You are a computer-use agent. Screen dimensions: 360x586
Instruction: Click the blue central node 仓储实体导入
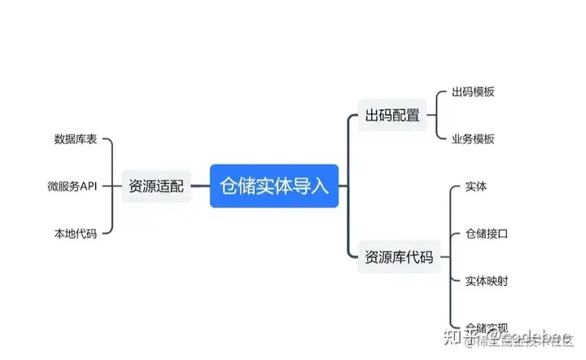pyautogui.click(x=273, y=186)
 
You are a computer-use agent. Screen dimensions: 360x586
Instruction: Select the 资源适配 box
pyautogui.click(x=156, y=187)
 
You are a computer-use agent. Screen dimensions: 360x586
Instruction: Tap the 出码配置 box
pyautogui.click(x=392, y=116)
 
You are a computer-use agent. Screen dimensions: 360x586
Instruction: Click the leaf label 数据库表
pyautogui.click(x=76, y=139)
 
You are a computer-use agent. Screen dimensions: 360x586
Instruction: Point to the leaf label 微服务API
pyautogui.click(x=72, y=187)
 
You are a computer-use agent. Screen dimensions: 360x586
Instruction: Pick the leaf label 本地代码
pyautogui.click(x=76, y=234)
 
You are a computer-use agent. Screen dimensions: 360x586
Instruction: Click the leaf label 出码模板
pyautogui.click(x=473, y=92)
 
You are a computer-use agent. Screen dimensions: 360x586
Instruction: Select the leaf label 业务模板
pyautogui.click(x=473, y=138)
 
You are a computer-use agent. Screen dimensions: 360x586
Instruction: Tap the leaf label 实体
pyautogui.click(x=476, y=187)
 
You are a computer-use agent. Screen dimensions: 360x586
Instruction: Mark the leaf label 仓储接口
pyautogui.click(x=487, y=234)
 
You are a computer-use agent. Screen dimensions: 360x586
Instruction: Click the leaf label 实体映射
pyautogui.click(x=487, y=281)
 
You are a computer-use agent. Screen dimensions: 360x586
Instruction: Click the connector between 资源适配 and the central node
pyautogui.click(x=199, y=187)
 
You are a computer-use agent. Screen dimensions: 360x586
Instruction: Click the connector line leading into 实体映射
pyautogui.click(x=456, y=281)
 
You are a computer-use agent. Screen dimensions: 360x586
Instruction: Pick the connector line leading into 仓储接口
pyautogui.click(x=456, y=234)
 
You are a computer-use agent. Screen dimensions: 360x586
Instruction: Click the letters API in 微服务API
pyautogui.click(x=88, y=187)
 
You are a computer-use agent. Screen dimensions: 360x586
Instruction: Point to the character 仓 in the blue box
pyautogui.click(x=230, y=186)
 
